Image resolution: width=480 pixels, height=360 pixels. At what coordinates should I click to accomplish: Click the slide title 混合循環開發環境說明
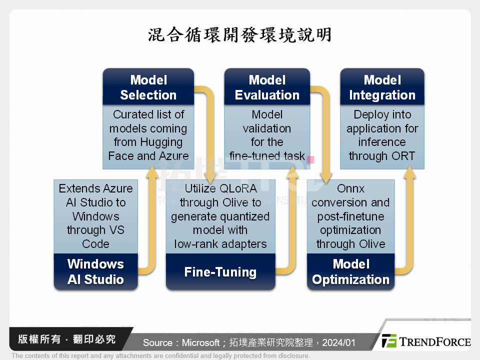[240, 35]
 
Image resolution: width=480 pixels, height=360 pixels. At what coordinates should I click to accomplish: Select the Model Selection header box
[148, 87]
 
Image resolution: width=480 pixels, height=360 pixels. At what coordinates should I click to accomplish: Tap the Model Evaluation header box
[267, 87]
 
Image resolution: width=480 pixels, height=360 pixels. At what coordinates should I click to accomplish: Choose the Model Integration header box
[382, 87]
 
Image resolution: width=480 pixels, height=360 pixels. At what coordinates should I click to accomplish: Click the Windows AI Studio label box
[95, 271]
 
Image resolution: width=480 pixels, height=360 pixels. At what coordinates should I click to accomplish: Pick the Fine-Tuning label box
[220, 272]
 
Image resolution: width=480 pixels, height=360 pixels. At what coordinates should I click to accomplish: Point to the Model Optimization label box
[350, 271]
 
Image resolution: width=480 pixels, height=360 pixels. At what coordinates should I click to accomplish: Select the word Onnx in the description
[350, 188]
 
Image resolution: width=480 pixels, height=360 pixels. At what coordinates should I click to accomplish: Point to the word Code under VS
[95, 244]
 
